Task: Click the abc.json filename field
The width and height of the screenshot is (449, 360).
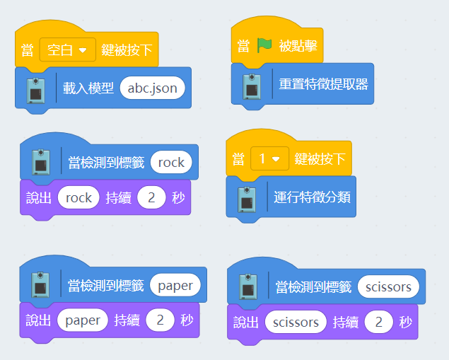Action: pos(153,88)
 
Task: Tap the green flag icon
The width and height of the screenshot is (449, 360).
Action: pos(264,46)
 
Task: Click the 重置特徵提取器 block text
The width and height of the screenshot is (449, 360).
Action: pos(323,83)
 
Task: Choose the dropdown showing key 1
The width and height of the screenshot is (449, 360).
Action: pos(269,158)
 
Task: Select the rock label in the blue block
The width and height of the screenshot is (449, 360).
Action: pos(171,163)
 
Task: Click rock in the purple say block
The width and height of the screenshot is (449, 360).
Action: pos(78,198)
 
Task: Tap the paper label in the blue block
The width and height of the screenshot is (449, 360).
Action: pos(175,285)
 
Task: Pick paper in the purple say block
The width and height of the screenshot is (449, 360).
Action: pos(83,320)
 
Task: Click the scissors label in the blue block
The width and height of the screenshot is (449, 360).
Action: pos(388,286)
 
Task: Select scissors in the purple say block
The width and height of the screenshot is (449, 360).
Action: pos(296,323)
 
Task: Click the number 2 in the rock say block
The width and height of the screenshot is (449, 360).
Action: pos(151,198)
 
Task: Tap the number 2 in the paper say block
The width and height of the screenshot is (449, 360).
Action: pos(161,320)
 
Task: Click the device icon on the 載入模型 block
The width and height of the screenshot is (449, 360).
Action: pos(37,90)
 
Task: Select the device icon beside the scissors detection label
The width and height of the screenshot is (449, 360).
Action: pos(248,287)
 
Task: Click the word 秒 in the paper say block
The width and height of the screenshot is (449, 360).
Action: pos(187,320)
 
